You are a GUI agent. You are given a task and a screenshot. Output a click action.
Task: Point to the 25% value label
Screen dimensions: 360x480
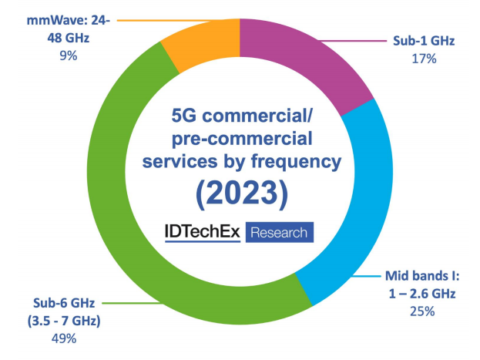[x=423, y=312]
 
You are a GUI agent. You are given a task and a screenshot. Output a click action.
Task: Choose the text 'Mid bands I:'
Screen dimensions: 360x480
[x=423, y=276]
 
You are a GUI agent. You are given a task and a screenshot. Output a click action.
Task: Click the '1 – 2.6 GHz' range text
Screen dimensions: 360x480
[x=423, y=294]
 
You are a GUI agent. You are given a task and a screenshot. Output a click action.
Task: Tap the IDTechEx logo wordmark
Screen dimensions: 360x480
[x=204, y=232]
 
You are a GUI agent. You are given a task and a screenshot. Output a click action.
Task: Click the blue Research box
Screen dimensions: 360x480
[x=280, y=232]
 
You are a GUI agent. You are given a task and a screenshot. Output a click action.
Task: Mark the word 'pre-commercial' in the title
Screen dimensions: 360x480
[x=240, y=140]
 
